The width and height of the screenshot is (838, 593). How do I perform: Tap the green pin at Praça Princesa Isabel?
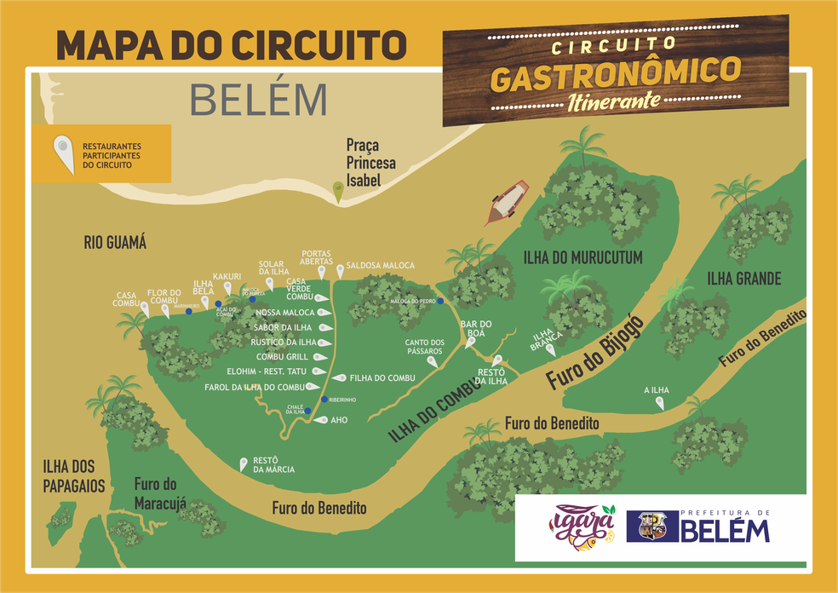coord(338,193)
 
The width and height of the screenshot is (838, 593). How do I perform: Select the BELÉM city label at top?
coord(258,100)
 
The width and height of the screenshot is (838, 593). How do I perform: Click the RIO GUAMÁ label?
coord(115,244)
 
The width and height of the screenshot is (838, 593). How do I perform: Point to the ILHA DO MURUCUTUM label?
coord(583,257)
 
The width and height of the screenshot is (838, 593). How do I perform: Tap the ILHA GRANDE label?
coord(743,279)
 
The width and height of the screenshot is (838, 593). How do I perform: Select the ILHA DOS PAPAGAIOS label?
coord(74,476)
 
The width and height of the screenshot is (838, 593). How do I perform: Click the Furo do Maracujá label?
coord(160,492)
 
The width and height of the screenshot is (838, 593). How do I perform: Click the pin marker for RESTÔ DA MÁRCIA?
coord(243,464)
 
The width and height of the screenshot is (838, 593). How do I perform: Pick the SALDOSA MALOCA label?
coord(381,266)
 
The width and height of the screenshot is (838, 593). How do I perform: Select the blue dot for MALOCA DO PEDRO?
coord(441,301)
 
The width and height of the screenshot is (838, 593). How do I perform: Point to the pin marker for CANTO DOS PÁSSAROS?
coord(433,362)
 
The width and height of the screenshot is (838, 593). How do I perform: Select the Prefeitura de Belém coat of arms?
coord(651,527)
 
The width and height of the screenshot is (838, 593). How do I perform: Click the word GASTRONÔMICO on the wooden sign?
coord(615,75)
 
